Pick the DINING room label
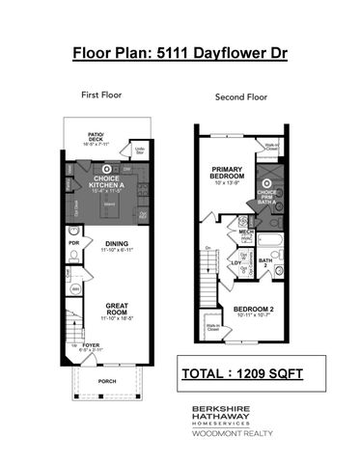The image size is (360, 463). click(x=117, y=245)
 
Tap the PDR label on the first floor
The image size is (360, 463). click(x=72, y=243)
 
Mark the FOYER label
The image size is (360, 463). click(x=90, y=343)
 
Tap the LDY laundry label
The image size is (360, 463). click(x=235, y=262)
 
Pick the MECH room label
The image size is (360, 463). click(x=242, y=232)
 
